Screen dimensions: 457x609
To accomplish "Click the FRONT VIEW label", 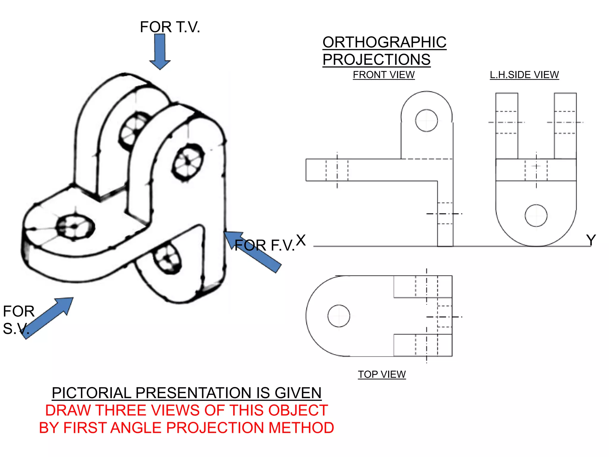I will point(384,75).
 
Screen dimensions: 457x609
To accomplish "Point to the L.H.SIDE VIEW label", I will point(524,75).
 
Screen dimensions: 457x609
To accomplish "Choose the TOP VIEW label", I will point(382,374).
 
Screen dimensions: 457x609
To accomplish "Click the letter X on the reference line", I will point(301,240).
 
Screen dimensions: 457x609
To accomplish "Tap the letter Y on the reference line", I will point(591,240).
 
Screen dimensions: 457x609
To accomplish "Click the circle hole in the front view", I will point(426,120).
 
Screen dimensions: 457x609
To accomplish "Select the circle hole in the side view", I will point(536,215).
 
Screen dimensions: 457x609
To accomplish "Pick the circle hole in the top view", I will point(339,316).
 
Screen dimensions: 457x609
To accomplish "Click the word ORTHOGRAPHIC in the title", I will point(384,42).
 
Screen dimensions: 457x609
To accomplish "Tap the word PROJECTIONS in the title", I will point(376,60).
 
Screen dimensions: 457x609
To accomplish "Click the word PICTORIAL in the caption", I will point(91,393).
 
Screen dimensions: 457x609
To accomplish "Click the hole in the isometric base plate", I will point(75,227).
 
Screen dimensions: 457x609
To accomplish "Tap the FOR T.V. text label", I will point(170,27).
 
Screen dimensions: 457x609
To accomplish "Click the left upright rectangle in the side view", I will point(507,126).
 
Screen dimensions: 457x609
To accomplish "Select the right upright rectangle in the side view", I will point(565,126).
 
